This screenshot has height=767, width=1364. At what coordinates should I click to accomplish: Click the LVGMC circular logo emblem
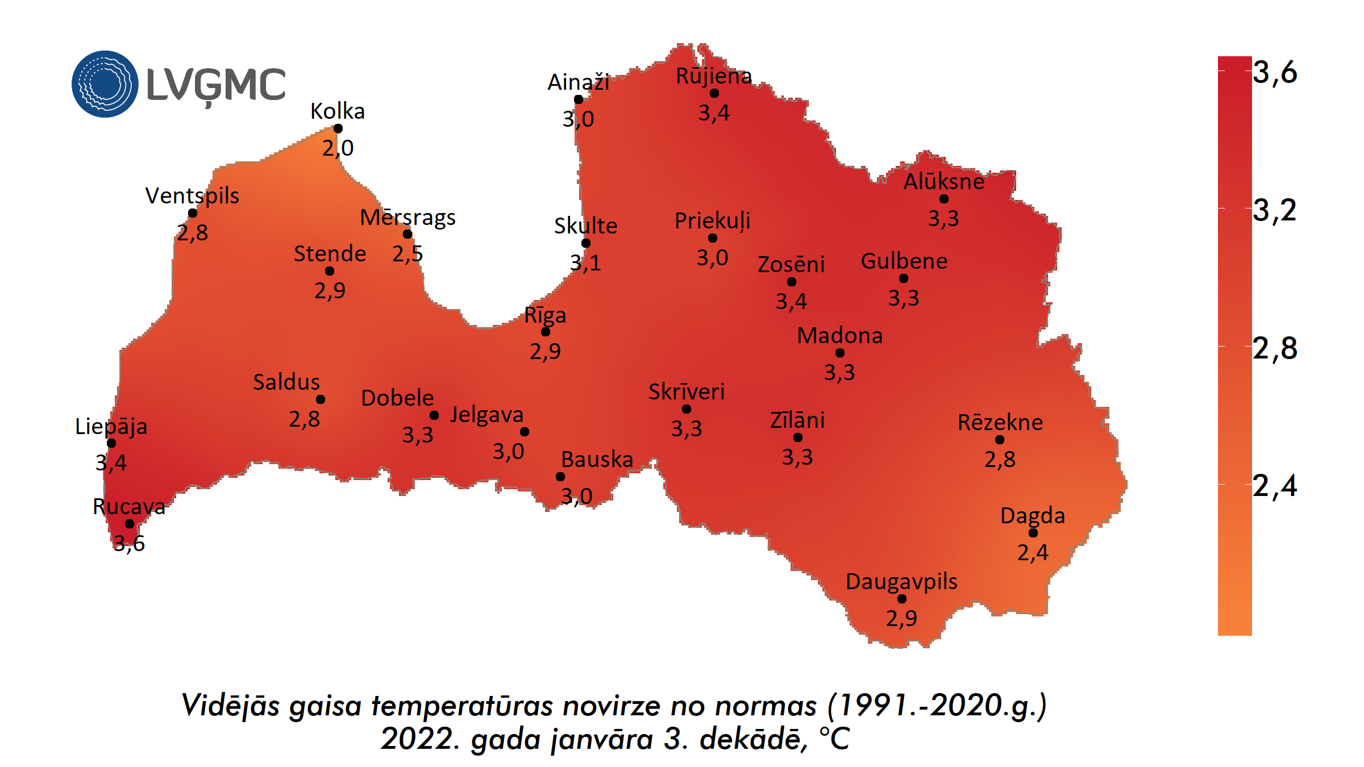click(105, 84)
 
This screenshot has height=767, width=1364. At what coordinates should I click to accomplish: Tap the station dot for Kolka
click(338, 128)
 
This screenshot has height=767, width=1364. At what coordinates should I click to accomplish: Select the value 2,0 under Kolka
click(338, 148)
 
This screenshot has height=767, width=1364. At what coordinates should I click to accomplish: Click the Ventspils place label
click(192, 196)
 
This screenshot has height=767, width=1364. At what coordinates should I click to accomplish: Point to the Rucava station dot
click(130, 524)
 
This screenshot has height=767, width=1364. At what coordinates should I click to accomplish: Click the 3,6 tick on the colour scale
click(1275, 73)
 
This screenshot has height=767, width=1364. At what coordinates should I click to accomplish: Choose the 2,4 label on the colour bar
click(1275, 486)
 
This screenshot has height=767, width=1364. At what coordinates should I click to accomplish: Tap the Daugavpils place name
click(901, 582)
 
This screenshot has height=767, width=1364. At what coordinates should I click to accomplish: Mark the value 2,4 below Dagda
click(1033, 552)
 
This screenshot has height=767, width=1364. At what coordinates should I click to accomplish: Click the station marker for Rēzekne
click(1000, 440)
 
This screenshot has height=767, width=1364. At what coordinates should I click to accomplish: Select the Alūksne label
click(944, 182)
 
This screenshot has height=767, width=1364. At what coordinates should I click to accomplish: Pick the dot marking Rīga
click(546, 332)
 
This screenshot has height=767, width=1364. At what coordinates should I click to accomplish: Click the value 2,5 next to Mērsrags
click(407, 254)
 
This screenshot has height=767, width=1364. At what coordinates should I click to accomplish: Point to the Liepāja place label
click(111, 426)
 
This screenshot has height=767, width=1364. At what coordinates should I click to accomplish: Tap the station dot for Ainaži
click(579, 99)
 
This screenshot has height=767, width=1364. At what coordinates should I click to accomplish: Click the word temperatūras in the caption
click(462, 706)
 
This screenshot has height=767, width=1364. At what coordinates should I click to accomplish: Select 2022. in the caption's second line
click(421, 739)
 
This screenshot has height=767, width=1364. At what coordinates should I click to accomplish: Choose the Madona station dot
click(840, 353)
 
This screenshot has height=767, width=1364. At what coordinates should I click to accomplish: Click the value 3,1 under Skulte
click(585, 263)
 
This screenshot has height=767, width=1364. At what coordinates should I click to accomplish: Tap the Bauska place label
click(597, 459)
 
